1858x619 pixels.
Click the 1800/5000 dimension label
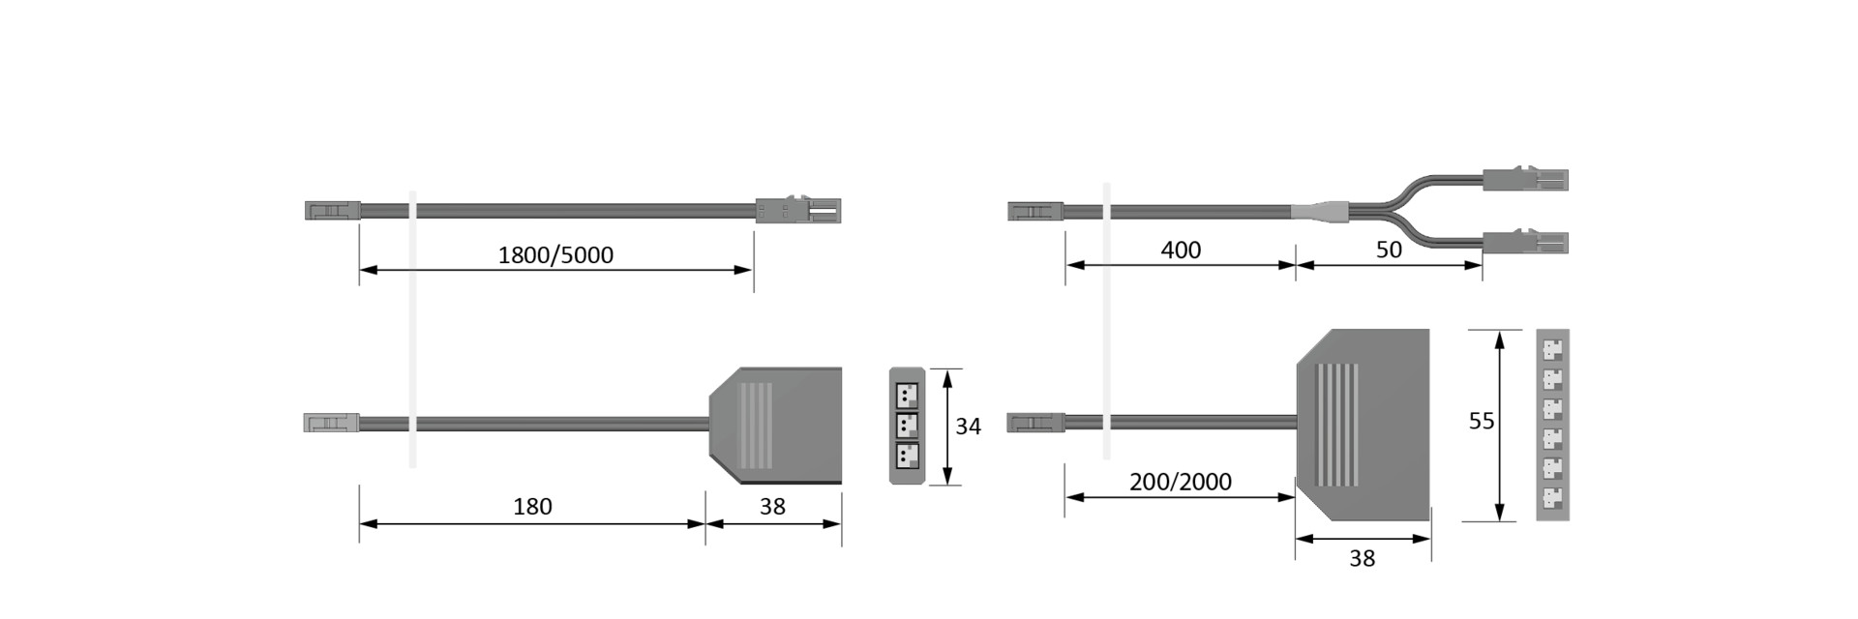click(555, 254)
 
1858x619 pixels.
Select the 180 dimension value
click(532, 506)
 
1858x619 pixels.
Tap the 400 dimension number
click(1181, 250)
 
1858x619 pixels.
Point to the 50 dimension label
click(1389, 250)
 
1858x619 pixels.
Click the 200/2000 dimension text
click(1181, 482)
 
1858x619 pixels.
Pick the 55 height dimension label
click(1482, 421)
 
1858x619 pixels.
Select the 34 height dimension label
click(968, 426)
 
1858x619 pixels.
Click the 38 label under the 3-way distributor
click(772, 506)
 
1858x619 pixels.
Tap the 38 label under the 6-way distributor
click(1362, 558)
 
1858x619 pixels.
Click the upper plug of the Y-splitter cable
click(1525, 180)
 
